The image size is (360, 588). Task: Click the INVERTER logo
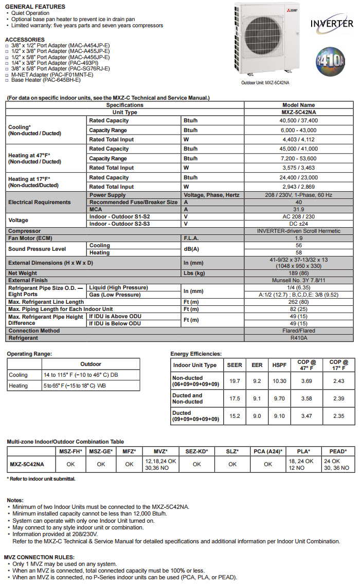(332, 23)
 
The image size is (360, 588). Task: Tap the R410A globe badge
(331, 61)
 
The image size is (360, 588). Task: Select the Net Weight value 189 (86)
(298, 273)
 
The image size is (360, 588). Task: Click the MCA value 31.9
(298, 209)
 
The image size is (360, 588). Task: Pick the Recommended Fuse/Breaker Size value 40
(298, 203)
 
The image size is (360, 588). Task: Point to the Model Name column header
(298, 105)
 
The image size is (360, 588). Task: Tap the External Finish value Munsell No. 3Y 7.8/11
(298, 280)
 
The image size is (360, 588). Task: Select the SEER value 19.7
(235, 381)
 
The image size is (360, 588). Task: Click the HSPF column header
(279, 365)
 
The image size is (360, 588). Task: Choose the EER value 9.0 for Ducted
(257, 416)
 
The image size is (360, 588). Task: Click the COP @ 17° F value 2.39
(339, 398)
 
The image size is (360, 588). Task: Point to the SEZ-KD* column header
(196, 451)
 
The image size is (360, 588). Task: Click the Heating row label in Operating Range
(19, 385)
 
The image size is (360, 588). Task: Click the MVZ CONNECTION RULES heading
(39, 557)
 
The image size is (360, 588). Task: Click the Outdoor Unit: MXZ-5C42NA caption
(265, 82)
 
